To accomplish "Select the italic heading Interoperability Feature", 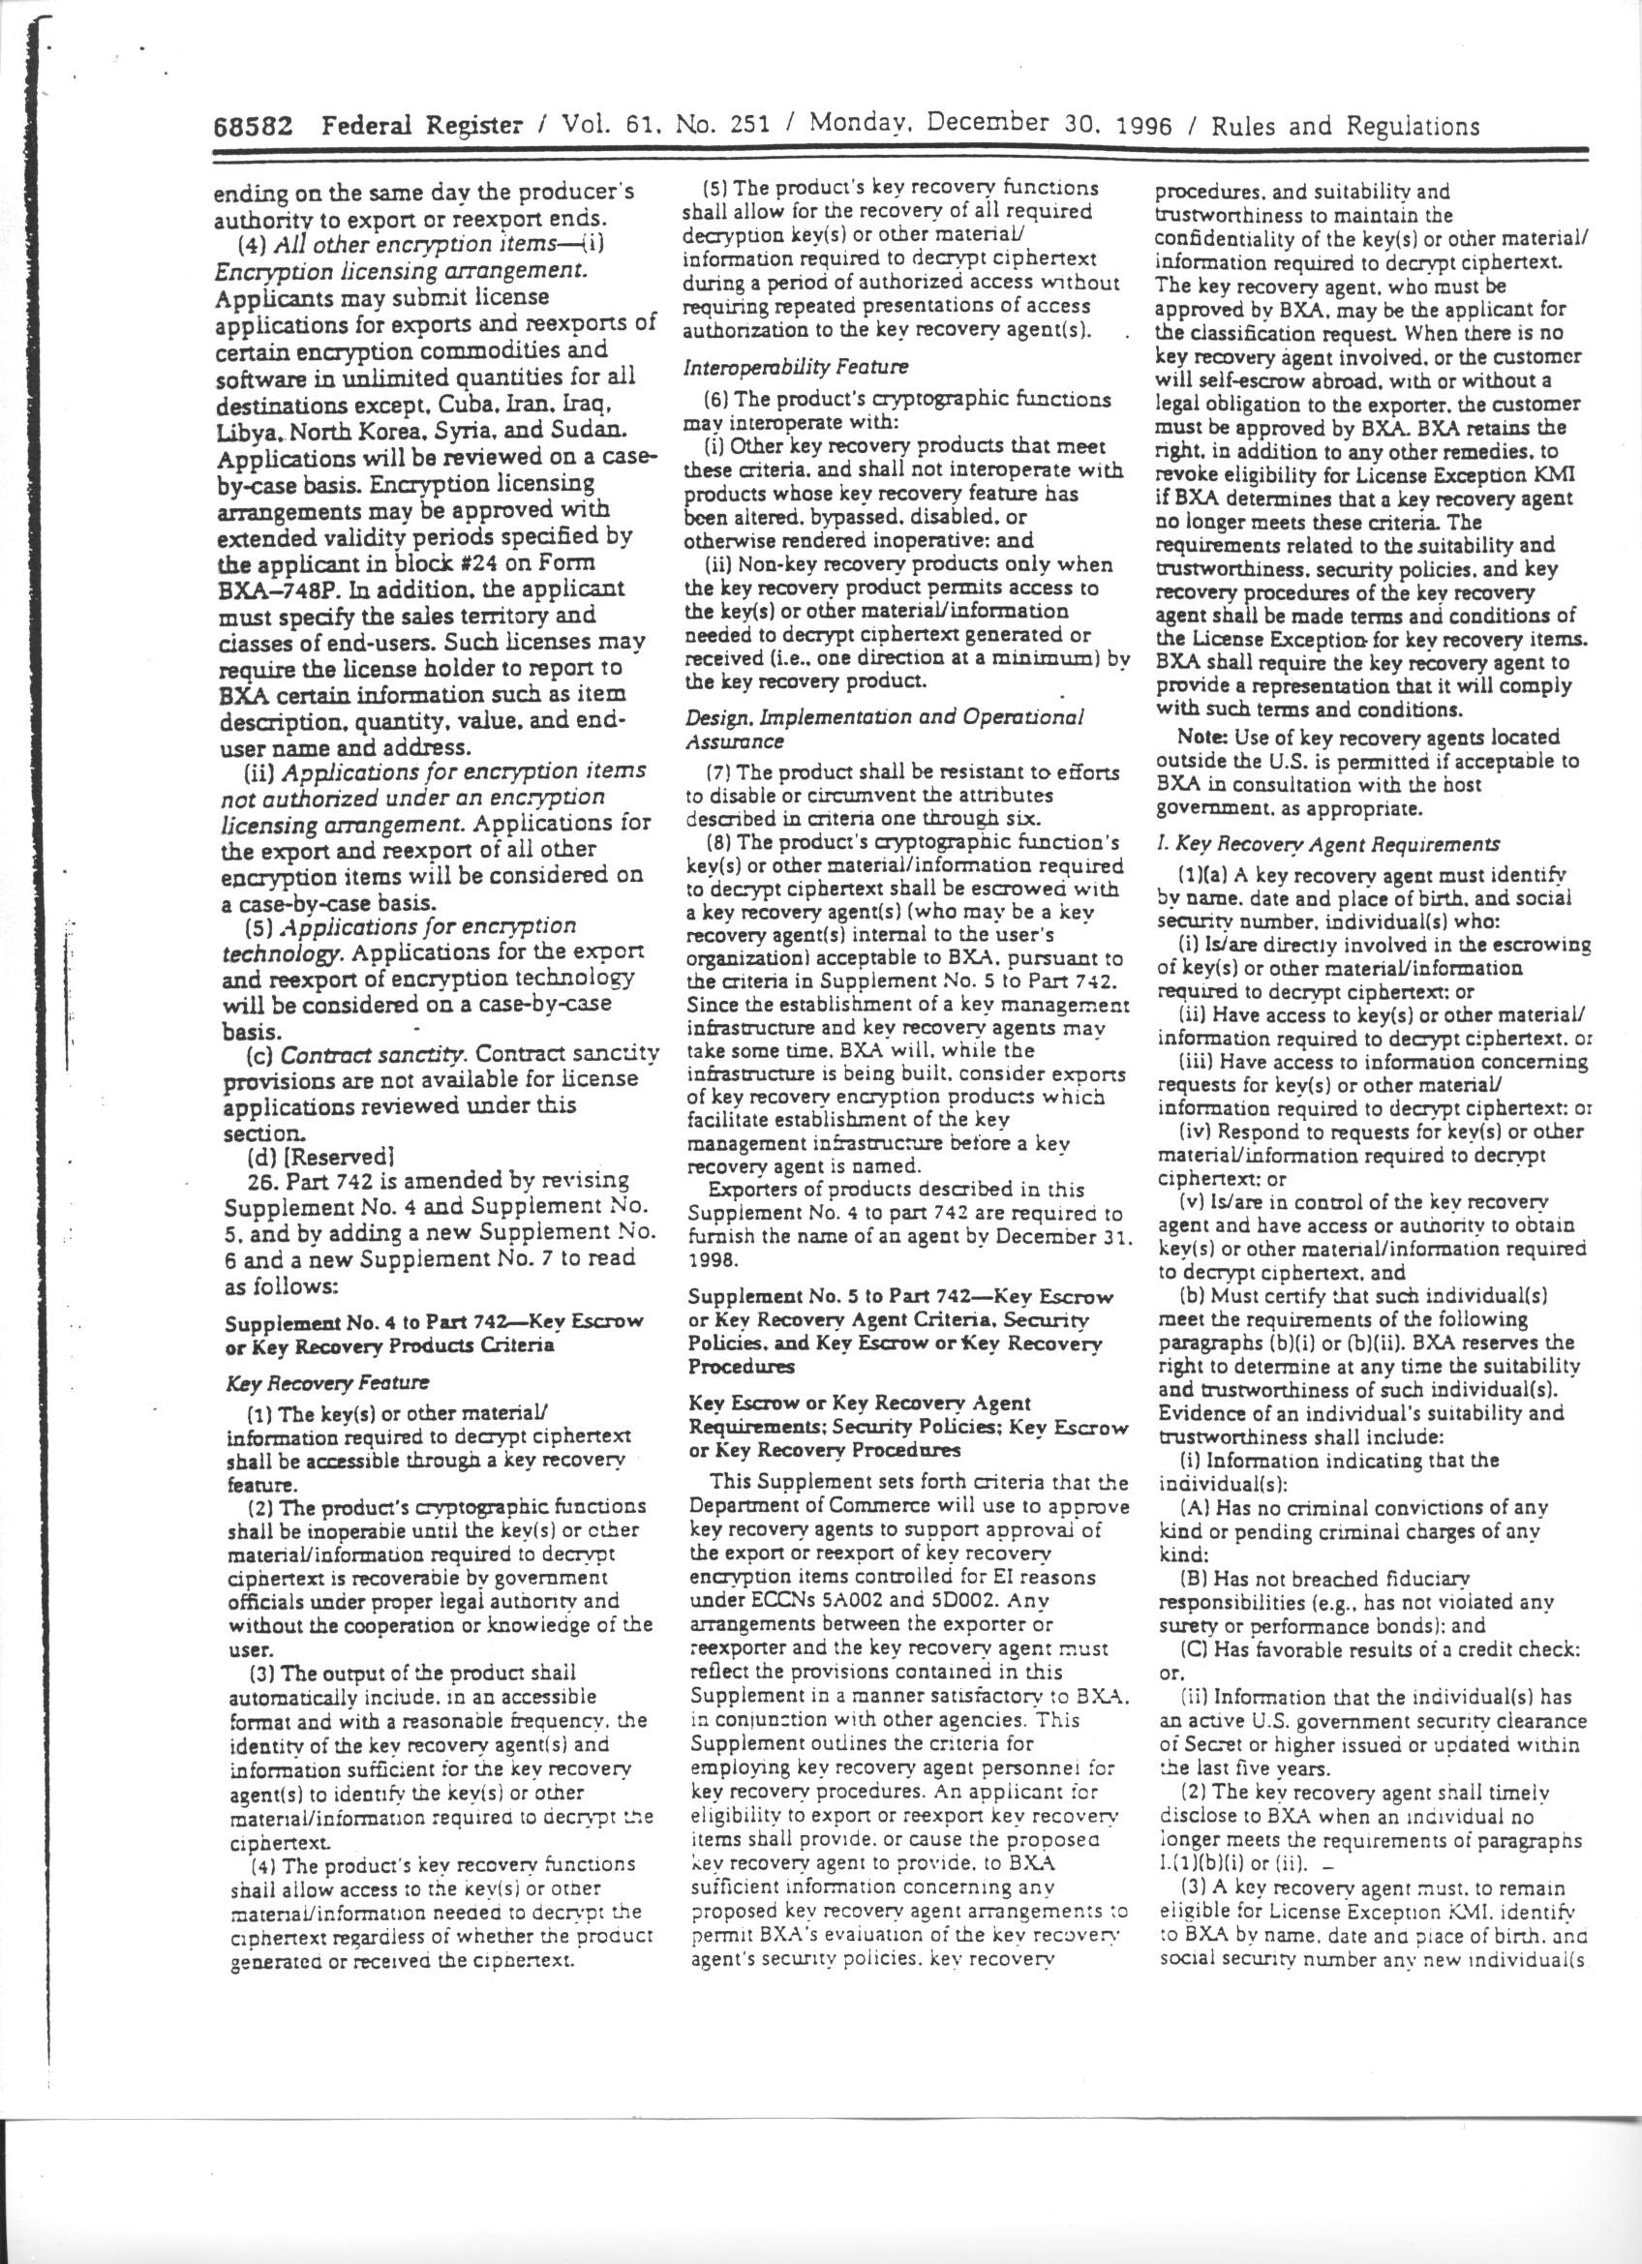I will [x=796, y=368].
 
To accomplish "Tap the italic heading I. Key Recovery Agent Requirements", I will [x=1327, y=843].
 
